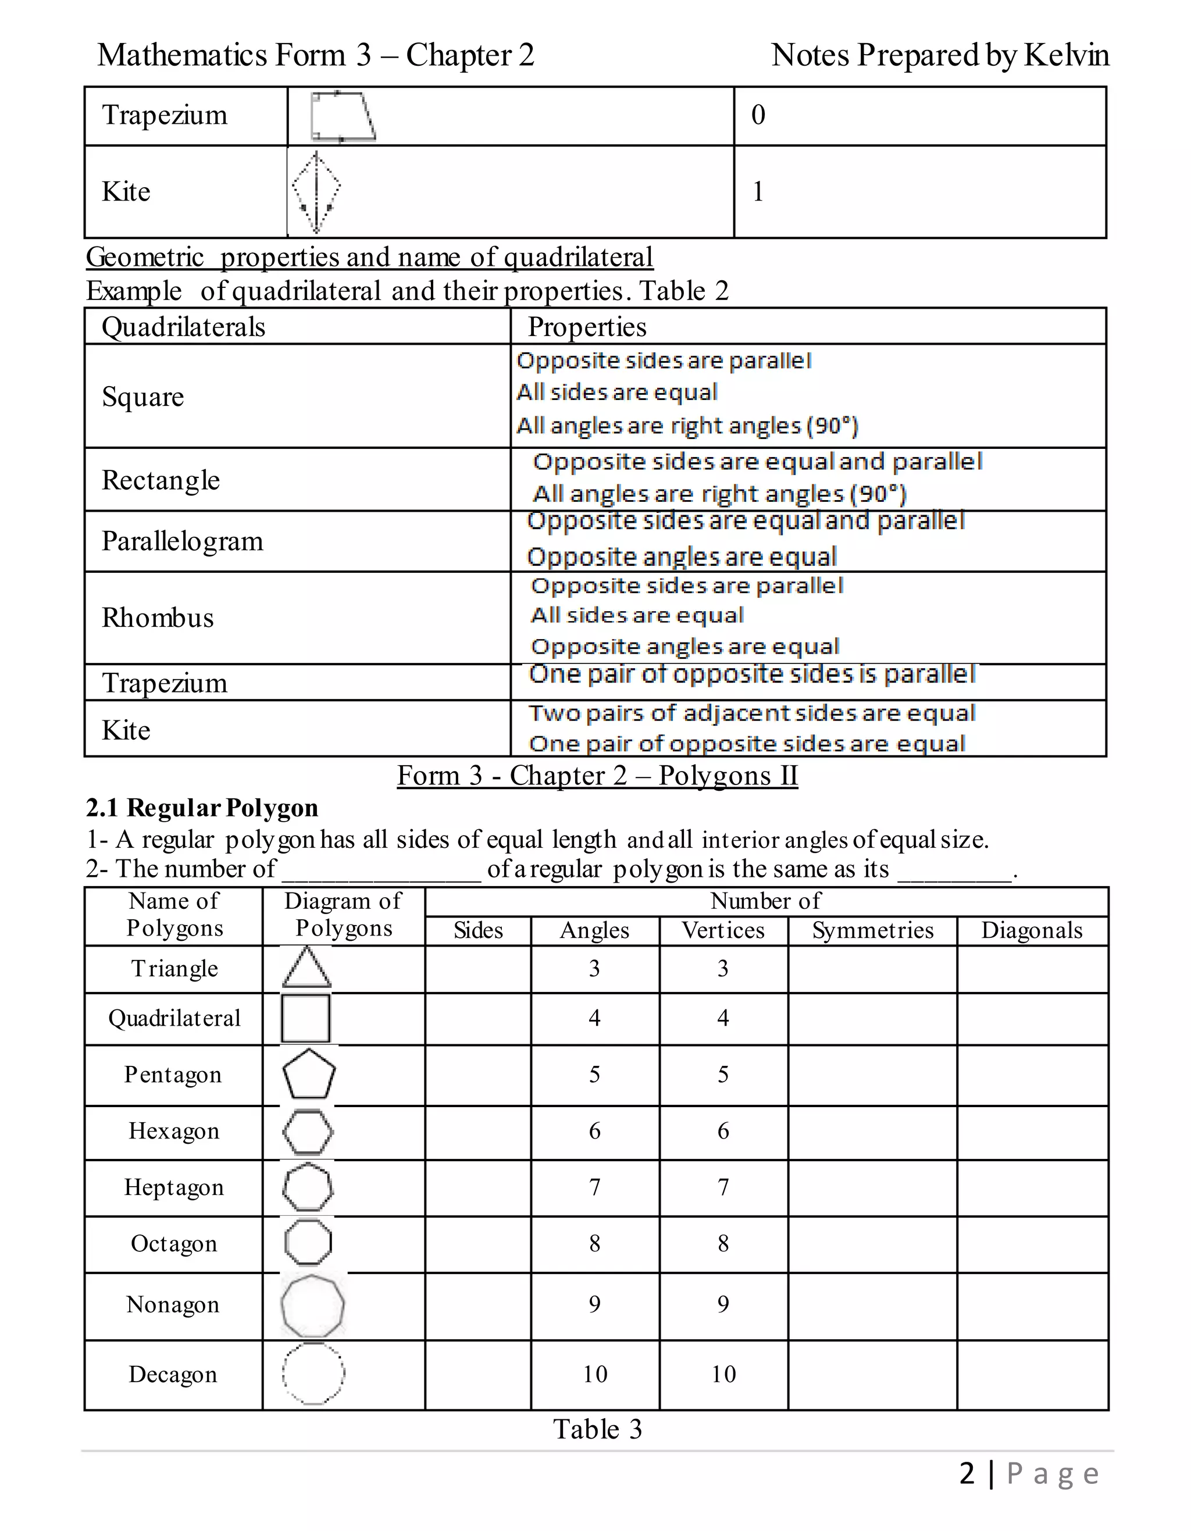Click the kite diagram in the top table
[316, 192]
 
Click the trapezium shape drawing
[343, 116]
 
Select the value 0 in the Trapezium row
[758, 115]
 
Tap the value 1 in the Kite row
[758, 192]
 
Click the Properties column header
[587, 327]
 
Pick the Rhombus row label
[158, 618]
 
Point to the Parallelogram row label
[182, 542]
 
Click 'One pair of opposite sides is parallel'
[751, 675]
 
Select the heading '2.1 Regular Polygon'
[202, 808]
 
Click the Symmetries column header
[873, 931]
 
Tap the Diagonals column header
[1032, 931]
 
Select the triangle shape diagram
[307, 968]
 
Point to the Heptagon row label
[174, 1187]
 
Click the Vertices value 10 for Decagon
[723, 1375]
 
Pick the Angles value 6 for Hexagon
[594, 1132]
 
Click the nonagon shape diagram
[313, 1306]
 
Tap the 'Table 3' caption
[597, 1430]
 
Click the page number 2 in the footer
[967, 1474]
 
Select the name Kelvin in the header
[1066, 55]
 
